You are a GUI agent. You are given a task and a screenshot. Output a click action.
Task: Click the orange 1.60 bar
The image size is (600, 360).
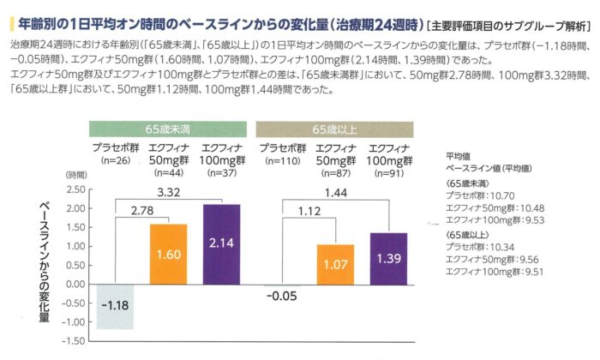169,254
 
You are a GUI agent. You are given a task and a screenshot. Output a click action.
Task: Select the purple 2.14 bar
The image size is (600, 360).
220,244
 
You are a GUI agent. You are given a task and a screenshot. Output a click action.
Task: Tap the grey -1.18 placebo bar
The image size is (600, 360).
115,306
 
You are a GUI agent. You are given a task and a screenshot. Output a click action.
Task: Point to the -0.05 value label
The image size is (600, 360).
281,297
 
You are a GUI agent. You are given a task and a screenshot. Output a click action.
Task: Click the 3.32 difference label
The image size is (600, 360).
170,195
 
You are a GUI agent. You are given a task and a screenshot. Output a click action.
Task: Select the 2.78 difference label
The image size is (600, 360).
141,210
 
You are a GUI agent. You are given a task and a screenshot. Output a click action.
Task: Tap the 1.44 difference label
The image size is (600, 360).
335,195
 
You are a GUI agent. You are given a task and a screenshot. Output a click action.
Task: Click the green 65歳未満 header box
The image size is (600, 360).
169,129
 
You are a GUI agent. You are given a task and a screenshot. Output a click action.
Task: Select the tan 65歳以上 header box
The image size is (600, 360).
336,129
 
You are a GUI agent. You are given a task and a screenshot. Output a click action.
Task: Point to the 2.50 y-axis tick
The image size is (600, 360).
76,189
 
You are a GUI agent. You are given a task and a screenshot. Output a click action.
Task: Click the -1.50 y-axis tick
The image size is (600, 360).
75,340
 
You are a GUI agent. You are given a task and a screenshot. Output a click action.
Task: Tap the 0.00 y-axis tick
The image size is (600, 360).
76,284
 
